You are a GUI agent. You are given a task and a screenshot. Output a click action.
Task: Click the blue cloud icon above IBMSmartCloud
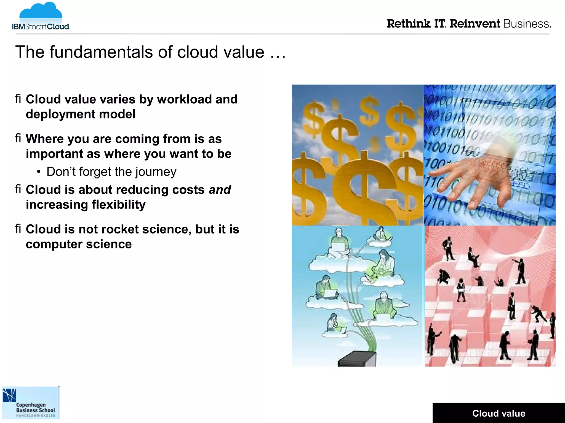coord(41,12)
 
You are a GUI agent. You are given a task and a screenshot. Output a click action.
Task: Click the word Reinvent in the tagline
coord(475,24)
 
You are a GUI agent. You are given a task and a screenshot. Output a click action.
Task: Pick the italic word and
coord(220,190)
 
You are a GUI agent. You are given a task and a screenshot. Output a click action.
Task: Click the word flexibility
coord(119,205)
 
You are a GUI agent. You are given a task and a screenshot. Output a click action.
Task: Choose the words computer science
coord(79,244)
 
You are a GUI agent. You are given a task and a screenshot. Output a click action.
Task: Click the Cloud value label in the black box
coord(499,413)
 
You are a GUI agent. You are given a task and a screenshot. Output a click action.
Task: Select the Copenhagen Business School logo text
coord(35,408)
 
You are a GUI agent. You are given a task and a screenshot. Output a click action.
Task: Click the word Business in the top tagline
coord(527,24)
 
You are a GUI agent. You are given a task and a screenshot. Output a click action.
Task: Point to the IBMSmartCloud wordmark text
coord(41,27)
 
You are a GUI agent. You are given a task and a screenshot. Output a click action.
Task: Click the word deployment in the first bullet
coord(60,114)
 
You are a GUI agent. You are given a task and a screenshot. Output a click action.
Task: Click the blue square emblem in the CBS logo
coord(9,395)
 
